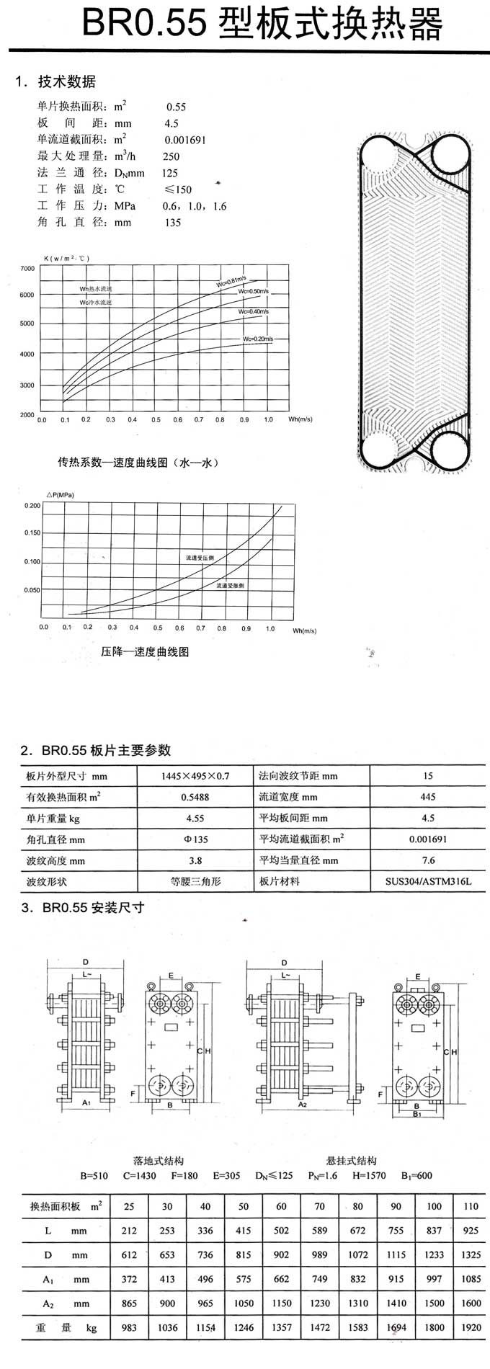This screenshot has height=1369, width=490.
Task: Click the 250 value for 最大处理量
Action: [171, 156]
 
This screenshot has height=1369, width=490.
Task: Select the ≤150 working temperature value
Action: [178, 189]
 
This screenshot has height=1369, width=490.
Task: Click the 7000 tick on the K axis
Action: [27, 269]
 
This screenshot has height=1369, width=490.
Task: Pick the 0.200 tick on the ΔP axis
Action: [32, 506]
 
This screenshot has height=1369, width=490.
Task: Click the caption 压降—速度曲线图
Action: [145, 652]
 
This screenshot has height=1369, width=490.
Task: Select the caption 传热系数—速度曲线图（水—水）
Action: [138, 463]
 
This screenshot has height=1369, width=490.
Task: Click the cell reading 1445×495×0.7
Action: [195, 776]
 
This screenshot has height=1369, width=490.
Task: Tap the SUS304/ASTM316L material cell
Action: [428, 881]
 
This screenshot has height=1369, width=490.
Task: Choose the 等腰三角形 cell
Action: [195, 881]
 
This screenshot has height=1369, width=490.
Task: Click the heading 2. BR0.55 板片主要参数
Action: [96, 751]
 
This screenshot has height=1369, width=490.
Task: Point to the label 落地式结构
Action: [159, 1161]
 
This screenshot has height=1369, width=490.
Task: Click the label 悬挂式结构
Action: [352, 1161]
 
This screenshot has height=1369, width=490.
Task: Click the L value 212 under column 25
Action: [129, 1231]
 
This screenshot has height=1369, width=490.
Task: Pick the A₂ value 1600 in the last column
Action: [471, 1303]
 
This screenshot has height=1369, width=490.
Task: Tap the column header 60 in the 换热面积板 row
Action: [281, 1206]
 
